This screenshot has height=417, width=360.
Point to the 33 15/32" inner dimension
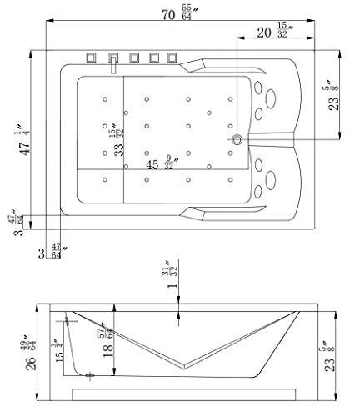point(117,140)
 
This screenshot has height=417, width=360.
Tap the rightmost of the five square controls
point(172,58)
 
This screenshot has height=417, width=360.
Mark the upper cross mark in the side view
point(67,321)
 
